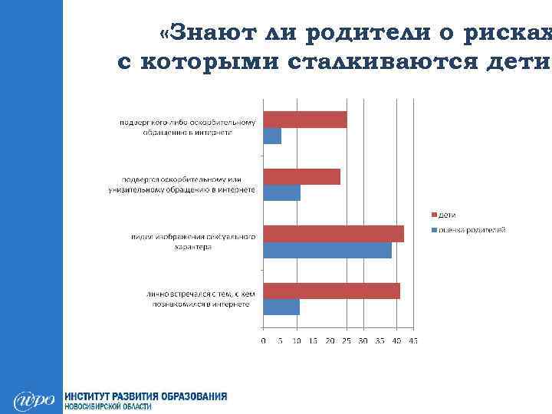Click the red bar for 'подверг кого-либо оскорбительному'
(x=305, y=120)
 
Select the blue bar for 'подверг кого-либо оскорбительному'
(x=272, y=136)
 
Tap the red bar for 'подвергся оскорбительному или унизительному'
(x=301, y=176)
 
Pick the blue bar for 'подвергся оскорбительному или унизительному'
(x=281, y=192)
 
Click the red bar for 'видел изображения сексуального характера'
(x=333, y=234)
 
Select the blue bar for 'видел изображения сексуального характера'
(x=327, y=250)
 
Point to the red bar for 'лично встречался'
(x=331, y=291)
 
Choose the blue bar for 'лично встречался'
(x=281, y=307)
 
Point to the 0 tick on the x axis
(x=264, y=340)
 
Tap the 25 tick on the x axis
(x=347, y=340)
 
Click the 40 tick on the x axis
(x=396, y=340)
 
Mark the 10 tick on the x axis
(x=297, y=340)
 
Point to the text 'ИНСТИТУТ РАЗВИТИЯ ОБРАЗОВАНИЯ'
(x=146, y=396)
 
